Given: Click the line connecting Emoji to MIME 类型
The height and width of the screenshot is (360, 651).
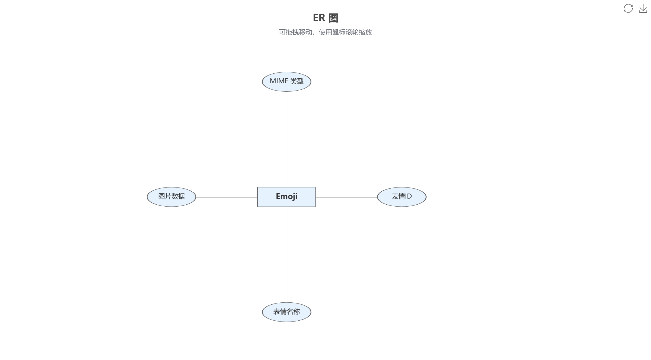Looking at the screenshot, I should pos(287,138).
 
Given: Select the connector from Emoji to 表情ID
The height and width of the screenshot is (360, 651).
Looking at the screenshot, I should pos(347,197).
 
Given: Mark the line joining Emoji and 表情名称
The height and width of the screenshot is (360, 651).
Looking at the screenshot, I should pos(287,255).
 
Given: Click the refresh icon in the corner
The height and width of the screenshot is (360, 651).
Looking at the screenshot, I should pos(628,9).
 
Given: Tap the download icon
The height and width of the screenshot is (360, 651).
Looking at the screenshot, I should pos(643,9).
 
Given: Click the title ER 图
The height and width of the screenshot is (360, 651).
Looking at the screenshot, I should pos(325,18).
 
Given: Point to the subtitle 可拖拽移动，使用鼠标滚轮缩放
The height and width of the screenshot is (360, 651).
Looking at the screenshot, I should pos(325,32).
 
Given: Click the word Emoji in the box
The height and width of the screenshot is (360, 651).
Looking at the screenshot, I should pos(286,196).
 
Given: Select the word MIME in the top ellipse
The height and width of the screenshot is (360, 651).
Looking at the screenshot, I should pos(279,81).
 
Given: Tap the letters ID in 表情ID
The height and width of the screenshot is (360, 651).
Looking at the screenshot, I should pos(408,196).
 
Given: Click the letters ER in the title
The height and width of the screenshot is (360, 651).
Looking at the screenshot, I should pos(319,18).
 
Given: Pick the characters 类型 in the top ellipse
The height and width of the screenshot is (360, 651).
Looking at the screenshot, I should pos(297,81).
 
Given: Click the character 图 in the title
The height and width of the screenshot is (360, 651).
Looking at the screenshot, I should pos(334,18).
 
